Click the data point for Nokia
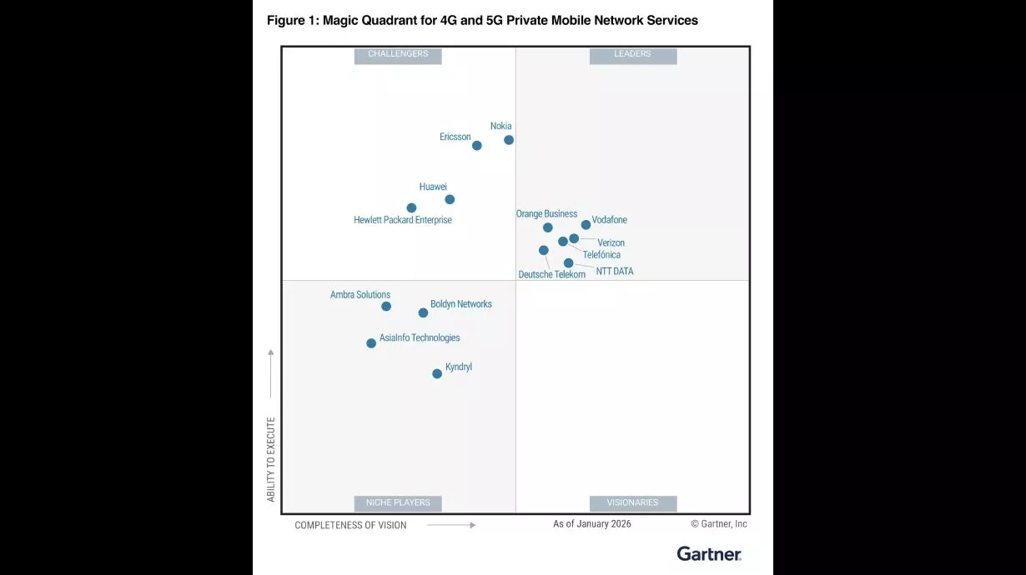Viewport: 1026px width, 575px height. click(x=509, y=140)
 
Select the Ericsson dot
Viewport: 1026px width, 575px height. click(x=477, y=145)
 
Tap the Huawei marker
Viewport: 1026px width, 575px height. click(x=450, y=199)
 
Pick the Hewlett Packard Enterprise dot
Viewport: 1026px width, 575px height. click(x=411, y=207)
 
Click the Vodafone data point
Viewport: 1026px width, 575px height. click(x=586, y=224)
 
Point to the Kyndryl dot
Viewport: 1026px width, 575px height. click(x=437, y=373)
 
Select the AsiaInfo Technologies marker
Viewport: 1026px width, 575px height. click(x=371, y=342)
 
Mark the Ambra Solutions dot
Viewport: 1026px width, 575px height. click(x=386, y=306)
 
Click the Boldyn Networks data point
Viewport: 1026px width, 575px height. click(x=423, y=312)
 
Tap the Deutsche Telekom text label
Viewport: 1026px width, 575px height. click(x=551, y=275)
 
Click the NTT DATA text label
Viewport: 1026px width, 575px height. click(x=614, y=272)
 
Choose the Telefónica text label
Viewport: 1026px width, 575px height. click(x=601, y=255)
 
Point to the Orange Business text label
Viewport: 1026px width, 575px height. click(x=546, y=214)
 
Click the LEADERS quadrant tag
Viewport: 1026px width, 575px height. click(x=632, y=55)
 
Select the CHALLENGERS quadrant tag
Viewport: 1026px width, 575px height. click(x=398, y=55)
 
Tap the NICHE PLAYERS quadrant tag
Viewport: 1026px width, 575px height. click(x=398, y=503)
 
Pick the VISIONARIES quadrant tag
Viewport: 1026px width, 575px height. click(x=632, y=503)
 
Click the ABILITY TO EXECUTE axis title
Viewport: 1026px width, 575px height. click(x=271, y=459)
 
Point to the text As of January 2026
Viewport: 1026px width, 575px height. click(x=591, y=524)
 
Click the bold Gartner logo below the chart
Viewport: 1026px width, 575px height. click(x=708, y=553)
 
